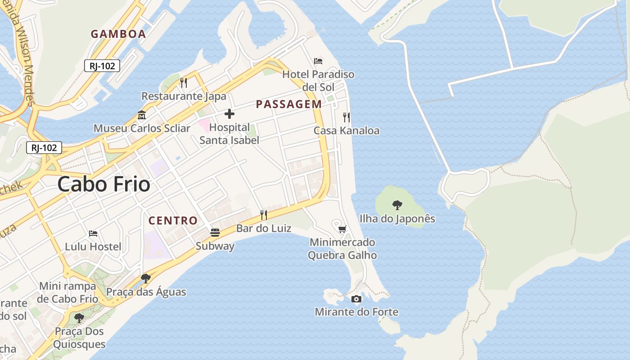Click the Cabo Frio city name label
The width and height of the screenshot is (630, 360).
click(104, 184)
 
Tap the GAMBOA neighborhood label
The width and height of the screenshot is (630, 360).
click(118, 34)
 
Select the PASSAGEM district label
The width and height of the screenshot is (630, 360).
click(289, 104)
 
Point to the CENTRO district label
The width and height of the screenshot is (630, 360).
click(173, 220)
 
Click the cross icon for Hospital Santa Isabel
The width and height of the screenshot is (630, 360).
click(229, 114)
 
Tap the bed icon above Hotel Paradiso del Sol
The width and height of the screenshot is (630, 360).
click(318, 61)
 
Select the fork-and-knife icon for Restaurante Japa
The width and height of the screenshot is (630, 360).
click(184, 83)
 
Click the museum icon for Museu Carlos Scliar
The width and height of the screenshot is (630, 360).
click(142, 115)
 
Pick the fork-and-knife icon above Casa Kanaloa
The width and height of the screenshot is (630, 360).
click(346, 117)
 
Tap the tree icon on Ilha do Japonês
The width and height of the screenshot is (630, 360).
click(397, 205)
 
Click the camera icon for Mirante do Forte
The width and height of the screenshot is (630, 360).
click(356, 299)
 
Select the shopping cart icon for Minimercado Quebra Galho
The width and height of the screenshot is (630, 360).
click(342, 229)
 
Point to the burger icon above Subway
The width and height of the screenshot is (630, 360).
click(215, 233)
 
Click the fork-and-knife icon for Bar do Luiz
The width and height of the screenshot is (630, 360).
click(264, 215)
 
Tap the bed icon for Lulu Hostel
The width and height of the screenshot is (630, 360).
click(93, 234)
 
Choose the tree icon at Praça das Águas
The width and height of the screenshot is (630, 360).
click(145, 279)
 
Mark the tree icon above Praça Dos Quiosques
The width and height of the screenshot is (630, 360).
click(79, 318)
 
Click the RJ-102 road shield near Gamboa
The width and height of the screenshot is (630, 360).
click(102, 66)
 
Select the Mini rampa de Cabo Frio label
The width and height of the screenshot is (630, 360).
click(67, 292)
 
